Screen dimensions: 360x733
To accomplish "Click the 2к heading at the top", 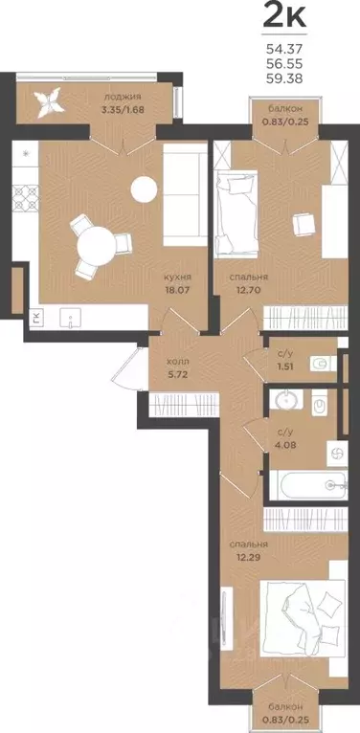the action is [284, 16].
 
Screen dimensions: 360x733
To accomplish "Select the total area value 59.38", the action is [284, 79].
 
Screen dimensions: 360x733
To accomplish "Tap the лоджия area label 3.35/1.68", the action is [123, 110].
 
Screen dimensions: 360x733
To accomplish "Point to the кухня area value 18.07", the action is [178, 289].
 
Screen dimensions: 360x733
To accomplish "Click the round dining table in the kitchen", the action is [97, 245].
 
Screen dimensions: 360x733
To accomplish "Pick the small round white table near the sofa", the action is [144, 189].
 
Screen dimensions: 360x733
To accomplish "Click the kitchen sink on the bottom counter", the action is [71, 318].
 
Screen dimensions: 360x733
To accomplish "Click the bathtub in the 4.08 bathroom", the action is [307, 485].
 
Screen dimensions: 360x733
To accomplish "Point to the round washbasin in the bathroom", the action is [285, 400].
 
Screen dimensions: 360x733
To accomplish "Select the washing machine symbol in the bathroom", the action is [337, 453].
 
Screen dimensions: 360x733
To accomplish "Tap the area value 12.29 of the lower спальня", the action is [244, 557].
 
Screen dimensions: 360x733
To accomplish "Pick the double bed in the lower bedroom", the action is [303, 618].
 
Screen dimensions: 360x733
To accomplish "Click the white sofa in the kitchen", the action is [185, 194].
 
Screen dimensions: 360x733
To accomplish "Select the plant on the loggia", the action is [49, 102].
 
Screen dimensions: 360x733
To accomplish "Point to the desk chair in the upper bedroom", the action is [302, 224].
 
